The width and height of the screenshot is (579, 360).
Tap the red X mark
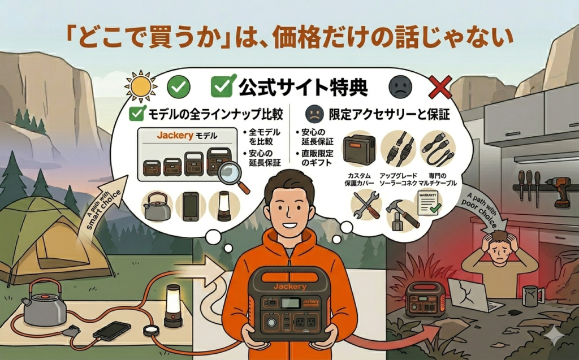(440, 87)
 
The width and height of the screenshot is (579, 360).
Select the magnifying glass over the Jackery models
(232, 176)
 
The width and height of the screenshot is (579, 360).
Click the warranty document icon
(429, 203)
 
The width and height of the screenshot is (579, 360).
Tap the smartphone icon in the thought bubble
(191, 206)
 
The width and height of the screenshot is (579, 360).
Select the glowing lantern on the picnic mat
(173, 306)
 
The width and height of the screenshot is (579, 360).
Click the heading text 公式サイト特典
(303, 88)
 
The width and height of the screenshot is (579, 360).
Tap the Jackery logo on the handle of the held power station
(290, 287)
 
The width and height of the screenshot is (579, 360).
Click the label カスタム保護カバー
(359, 180)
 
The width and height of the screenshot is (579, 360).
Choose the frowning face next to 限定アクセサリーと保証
(314, 115)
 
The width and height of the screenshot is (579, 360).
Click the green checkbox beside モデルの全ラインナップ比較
(136, 114)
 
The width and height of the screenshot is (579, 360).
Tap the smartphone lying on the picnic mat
(112, 331)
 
